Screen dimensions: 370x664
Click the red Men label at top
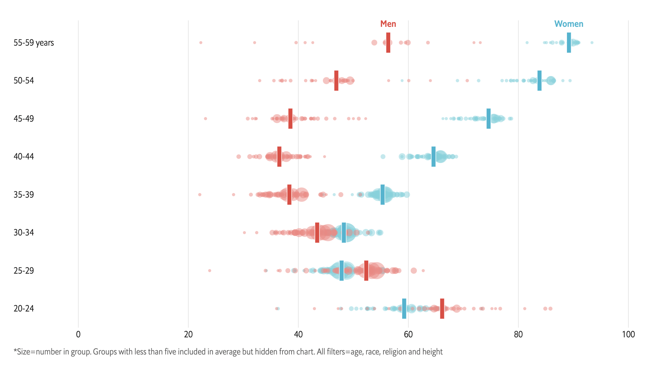[388, 24]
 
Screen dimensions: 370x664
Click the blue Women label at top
[569, 24]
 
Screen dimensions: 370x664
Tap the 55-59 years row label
[34, 43]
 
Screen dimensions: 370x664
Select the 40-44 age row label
[24, 157]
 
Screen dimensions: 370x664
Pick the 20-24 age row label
[24, 309]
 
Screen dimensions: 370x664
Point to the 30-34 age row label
[24, 233]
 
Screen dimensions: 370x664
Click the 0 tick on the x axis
[78, 334]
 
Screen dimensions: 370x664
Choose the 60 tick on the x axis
[408, 334]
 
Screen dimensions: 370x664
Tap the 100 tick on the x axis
[628, 334]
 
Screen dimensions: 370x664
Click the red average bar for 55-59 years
[388, 43]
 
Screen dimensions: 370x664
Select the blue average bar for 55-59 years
[569, 43]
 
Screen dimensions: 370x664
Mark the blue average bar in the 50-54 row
[539, 81]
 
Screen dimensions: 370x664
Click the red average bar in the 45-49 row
[290, 119]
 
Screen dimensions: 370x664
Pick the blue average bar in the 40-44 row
[433, 157]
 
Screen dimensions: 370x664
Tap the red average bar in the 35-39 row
[289, 195]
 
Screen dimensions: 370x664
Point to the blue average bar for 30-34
[344, 233]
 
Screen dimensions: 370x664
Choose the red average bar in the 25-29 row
[366, 271]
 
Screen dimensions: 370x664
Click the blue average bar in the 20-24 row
[404, 309]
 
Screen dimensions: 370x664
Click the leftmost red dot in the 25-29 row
[210, 271]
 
